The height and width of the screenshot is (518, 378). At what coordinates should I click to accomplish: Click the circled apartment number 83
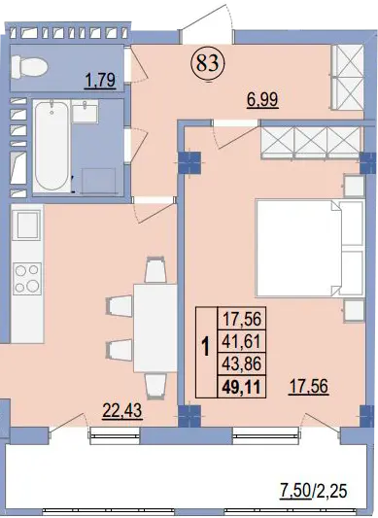click(208, 63)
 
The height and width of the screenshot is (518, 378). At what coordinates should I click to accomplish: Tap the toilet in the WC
click(29, 66)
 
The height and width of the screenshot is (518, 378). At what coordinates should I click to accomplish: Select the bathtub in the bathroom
click(52, 146)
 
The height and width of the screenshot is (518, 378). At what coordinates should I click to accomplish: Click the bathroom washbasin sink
click(85, 113)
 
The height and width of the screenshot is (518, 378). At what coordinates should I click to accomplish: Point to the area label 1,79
click(100, 81)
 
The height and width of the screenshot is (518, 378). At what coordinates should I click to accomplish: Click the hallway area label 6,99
click(262, 100)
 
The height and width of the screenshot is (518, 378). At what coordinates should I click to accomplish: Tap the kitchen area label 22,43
click(122, 411)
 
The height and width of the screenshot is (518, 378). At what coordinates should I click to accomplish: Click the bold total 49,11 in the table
click(242, 387)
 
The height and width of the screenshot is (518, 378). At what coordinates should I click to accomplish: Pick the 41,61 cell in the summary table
click(242, 341)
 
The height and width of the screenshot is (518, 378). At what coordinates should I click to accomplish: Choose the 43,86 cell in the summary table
click(242, 363)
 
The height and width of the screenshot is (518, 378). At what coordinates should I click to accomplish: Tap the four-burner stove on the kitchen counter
click(27, 279)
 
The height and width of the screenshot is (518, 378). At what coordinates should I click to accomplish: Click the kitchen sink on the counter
click(27, 224)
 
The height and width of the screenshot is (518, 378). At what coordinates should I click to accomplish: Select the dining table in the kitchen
click(155, 328)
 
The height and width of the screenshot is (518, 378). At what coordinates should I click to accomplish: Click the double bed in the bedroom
click(311, 248)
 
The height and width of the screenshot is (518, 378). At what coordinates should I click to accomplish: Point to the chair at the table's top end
click(155, 270)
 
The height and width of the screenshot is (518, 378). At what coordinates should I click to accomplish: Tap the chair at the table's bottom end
click(155, 386)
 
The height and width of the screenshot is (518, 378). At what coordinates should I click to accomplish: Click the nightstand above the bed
click(355, 186)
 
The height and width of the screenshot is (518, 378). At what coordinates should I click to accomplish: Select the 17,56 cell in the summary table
click(242, 319)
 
